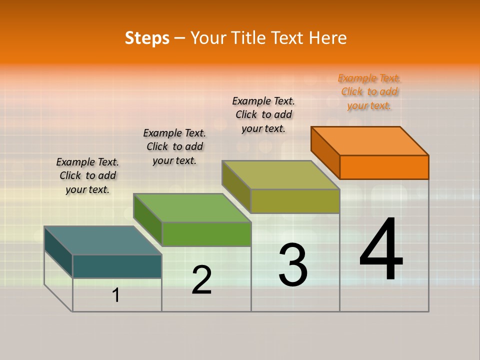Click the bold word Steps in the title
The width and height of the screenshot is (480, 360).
(147, 38)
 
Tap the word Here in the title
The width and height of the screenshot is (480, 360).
(327, 38)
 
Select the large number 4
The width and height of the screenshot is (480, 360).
(381, 250)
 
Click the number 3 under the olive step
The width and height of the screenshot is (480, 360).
(293, 265)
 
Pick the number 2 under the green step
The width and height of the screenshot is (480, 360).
(201, 280)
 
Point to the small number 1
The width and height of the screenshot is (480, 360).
(116, 295)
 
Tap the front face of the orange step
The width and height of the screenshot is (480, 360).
(384, 167)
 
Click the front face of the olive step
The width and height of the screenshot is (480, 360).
(295, 201)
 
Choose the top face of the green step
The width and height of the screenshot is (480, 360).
(192, 208)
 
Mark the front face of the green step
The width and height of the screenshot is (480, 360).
(206, 234)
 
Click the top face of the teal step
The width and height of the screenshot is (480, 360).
(103, 240)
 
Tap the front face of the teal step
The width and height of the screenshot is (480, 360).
(117, 266)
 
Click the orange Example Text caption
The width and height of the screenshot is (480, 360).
(369, 92)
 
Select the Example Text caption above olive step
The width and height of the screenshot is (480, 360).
(263, 115)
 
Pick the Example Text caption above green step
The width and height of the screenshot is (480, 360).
(174, 146)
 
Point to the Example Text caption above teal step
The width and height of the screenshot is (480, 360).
(87, 175)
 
